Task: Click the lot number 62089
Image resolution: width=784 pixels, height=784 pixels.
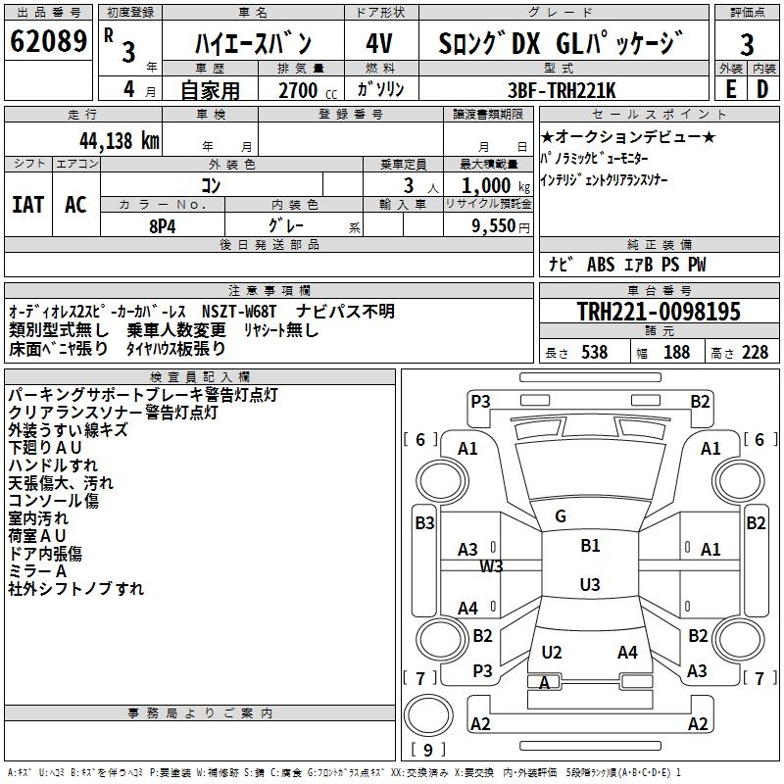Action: (x=48, y=43)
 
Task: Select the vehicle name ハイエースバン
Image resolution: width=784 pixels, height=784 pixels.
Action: (x=252, y=43)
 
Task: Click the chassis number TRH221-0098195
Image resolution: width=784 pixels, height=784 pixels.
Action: (x=658, y=313)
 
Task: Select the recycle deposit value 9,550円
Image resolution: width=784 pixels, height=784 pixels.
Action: (x=495, y=224)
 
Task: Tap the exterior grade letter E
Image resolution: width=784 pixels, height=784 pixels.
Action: (x=730, y=89)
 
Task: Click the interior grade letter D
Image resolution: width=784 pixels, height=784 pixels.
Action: (x=762, y=89)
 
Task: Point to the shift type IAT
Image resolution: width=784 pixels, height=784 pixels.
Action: (x=27, y=204)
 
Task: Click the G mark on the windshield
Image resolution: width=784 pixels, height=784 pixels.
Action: (x=561, y=515)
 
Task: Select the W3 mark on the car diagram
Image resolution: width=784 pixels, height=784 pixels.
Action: (x=491, y=566)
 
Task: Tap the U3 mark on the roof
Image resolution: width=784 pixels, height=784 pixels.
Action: (x=589, y=585)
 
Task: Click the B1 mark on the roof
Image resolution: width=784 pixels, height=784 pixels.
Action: (x=590, y=545)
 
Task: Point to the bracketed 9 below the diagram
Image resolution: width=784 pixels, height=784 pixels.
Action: (x=426, y=750)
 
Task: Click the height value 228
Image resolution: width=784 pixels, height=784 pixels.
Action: (x=755, y=353)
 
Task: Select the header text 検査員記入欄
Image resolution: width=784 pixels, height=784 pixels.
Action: (x=200, y=376)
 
